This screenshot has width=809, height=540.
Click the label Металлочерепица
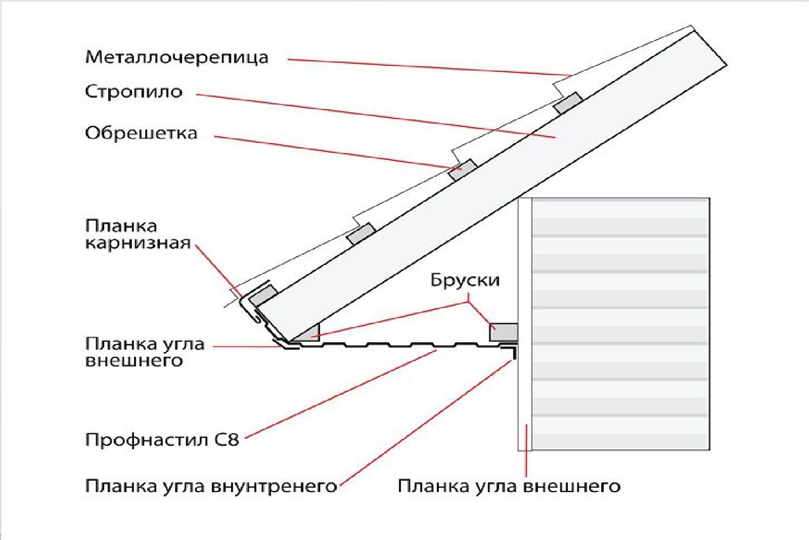[176, 57]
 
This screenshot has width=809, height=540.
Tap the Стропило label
[133, 92]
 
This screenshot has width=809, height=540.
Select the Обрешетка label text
[141, 133]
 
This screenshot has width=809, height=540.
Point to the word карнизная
[138, 243]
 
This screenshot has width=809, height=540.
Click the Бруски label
[465, 280]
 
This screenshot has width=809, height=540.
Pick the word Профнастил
[147, 440]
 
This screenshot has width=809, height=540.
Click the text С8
[227, 439]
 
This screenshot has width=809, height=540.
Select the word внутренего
[274, 486]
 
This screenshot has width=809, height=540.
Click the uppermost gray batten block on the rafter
[568, 103]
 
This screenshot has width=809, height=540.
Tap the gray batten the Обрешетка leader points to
[463, 170]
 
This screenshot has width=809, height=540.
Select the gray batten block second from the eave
[361, 234]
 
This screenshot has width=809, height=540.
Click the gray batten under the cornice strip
[263, 295]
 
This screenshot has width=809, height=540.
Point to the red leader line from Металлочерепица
[430, 67]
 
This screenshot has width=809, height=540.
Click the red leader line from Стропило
[374, 115]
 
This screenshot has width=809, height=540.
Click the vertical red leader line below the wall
[526, 450]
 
